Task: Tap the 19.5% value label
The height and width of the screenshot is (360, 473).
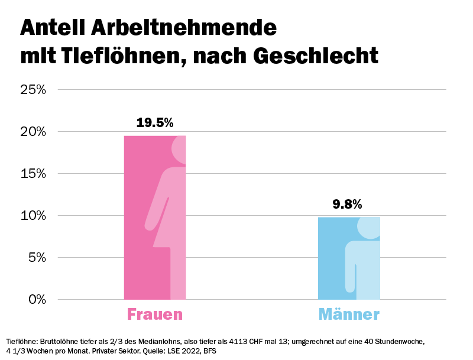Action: pyautogui.click(x=155, y=123)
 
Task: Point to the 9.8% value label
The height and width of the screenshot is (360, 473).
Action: pyautogui.click(x=347, y=205)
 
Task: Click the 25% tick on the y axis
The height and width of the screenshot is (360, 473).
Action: pyautogui.click(x=33, y=90)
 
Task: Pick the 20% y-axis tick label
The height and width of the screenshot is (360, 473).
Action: pyautogui.click(x=33, y=132)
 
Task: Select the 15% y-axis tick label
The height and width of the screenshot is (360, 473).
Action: pyautogui.click(x=33, y=174)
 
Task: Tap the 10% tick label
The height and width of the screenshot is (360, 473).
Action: pyautogui.click(x=33, y=216)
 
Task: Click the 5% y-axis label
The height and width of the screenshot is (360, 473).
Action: pyautogui.click(x=37, y=258)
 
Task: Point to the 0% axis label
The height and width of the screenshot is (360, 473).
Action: pyautogui.click(x=37, y=299)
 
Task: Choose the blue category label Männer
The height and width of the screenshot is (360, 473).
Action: pyautogui.click(x=349, y=314)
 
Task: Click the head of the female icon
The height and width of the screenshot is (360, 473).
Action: pyautogui.click(x=180, y=149)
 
